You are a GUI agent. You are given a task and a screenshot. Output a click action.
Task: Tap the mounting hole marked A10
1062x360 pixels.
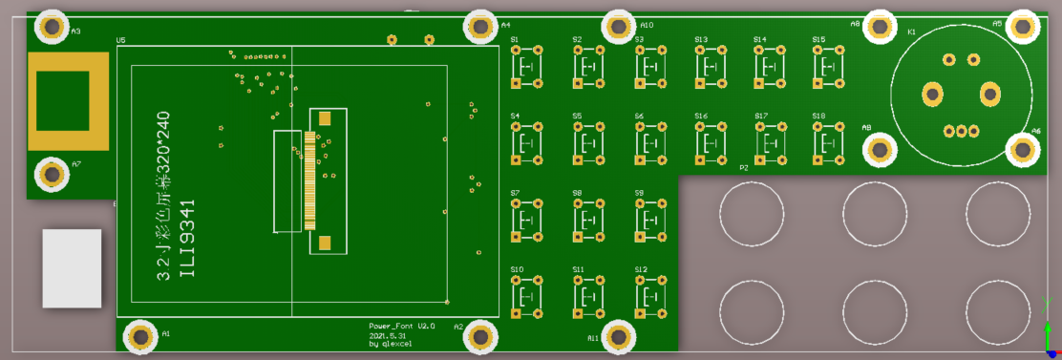tap(619, 26)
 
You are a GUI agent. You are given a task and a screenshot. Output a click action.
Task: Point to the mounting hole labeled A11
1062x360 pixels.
tap(619, 335)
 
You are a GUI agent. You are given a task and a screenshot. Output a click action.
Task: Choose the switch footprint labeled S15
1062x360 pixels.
tap(826, 66)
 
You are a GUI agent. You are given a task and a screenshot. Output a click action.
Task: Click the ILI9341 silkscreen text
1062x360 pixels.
tap(188, 239)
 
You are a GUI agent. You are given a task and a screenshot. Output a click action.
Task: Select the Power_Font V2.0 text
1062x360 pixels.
tap(402, 326)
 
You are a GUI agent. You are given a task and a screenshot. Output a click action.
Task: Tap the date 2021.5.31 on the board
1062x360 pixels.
tap(388, 335)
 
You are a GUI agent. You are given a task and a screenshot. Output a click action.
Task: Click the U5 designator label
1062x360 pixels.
tap(120, 40)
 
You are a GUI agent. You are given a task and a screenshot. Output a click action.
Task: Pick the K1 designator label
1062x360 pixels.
tap(911, 32)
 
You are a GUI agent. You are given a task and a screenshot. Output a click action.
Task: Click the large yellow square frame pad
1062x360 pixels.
tap(69, 100)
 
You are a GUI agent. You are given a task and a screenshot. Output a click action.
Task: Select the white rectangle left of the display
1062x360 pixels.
tap(72, 268)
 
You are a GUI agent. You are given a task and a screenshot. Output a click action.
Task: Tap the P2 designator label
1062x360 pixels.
tap(743, 167)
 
